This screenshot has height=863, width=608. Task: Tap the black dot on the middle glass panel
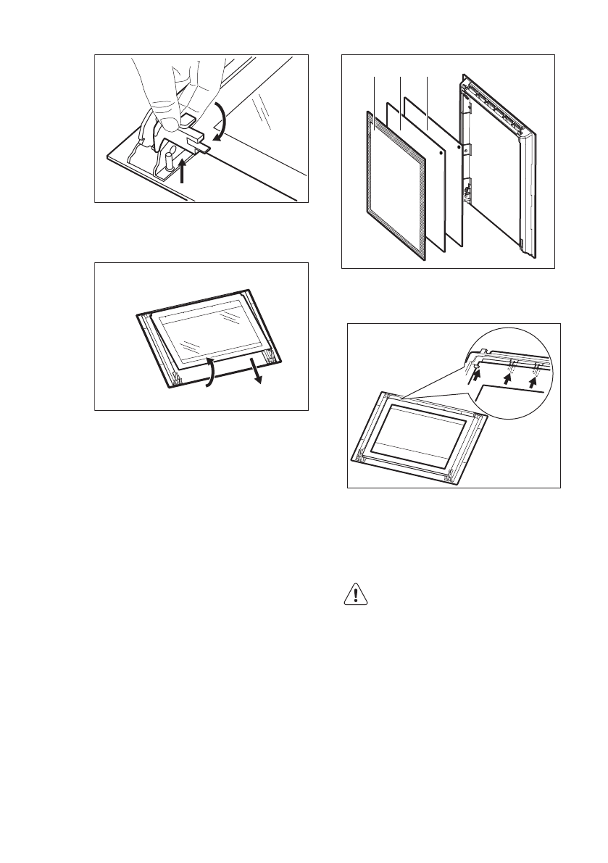coord(441,162)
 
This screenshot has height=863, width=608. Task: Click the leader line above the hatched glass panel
coord(375,94)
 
